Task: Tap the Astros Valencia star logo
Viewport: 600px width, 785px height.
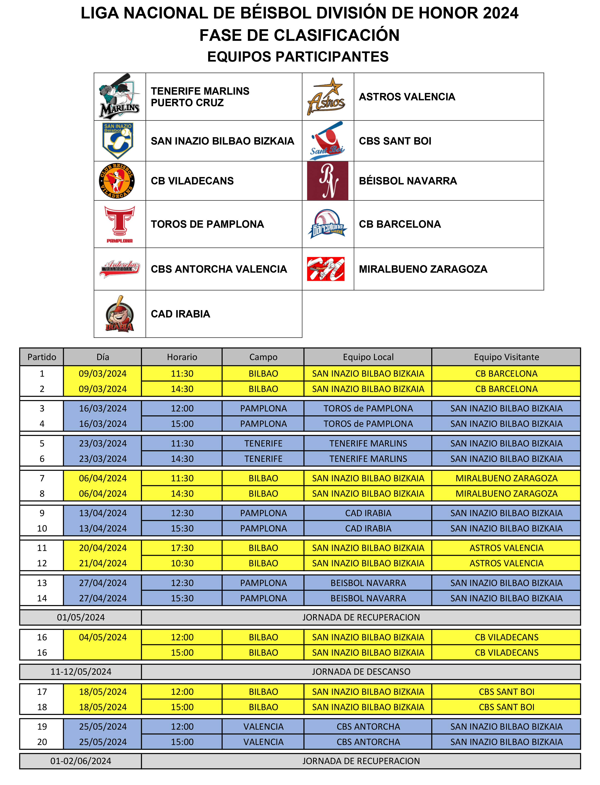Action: pos(326,97)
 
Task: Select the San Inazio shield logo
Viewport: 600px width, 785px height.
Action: pos(118,141)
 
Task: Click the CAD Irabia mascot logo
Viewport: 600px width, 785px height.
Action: pos(120,314)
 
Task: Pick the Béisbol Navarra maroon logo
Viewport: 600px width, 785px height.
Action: pos(328,181)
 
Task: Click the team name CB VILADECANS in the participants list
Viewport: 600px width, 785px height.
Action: pos(192,181)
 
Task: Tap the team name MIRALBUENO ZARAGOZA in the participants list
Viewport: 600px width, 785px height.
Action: pos(423,269)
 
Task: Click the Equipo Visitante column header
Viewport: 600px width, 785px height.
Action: pos(506,357)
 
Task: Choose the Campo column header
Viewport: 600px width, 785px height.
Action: pos(263,357)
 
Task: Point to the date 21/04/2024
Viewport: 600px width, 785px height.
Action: pos(103,563)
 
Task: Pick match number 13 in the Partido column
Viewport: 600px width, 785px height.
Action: pos(42,583)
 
